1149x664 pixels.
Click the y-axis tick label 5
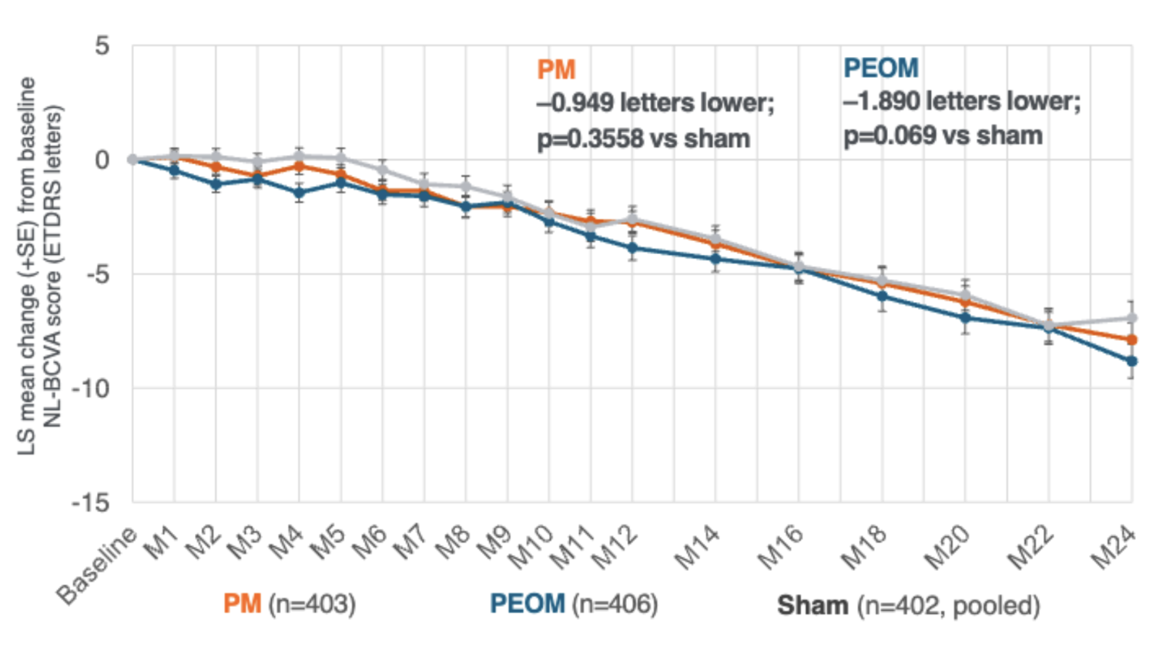click(102, 45)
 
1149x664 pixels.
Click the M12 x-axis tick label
click(616, 547)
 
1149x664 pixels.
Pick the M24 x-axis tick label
click(1114, 547)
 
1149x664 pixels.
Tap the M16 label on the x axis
click(782, 547)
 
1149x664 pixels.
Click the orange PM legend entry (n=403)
click(289, 603)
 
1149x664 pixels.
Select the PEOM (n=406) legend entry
click(574, 603)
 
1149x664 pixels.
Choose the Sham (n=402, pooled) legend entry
click(908, 605)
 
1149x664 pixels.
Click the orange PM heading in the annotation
click(556, 70)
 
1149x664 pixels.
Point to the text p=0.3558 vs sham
click(643, 139)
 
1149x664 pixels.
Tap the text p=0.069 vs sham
click(943, 136)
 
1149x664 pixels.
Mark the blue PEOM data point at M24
click(1131, 361)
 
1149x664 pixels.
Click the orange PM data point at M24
click(1131, 340)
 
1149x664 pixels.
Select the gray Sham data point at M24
click(1131, 318)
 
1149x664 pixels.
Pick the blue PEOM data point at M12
click(632, 248)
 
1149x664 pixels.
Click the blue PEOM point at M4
click(299, 193)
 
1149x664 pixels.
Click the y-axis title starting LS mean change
click(39, 266)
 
